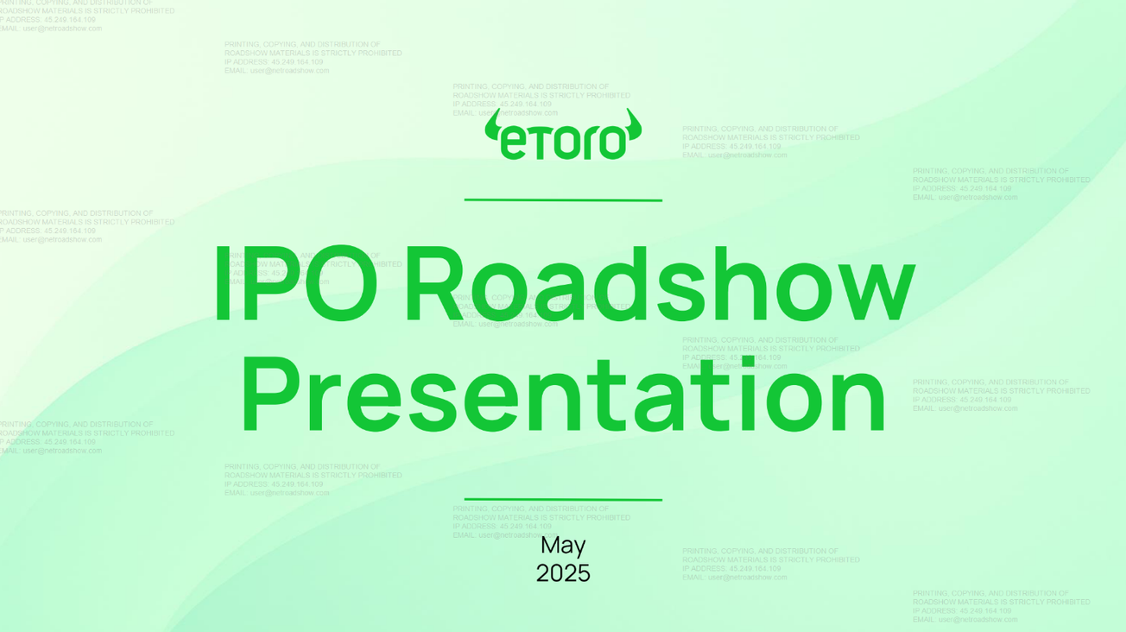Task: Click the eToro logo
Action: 563,136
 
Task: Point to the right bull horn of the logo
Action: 635,127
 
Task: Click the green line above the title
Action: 563,200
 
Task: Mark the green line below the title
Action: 563,499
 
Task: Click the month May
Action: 563,546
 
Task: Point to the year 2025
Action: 563,573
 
